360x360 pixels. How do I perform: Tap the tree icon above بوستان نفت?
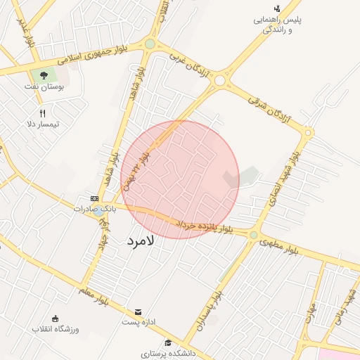pos(44,75)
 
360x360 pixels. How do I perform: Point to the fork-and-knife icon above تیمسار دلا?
pos(42,112)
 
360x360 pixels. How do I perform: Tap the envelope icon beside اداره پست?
pos(138,311)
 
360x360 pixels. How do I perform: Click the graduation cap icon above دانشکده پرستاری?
pos(167,342)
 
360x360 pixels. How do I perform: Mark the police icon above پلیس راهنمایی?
pos(277,8)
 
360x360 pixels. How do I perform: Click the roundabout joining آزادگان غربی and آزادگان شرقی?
pos(220,80)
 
